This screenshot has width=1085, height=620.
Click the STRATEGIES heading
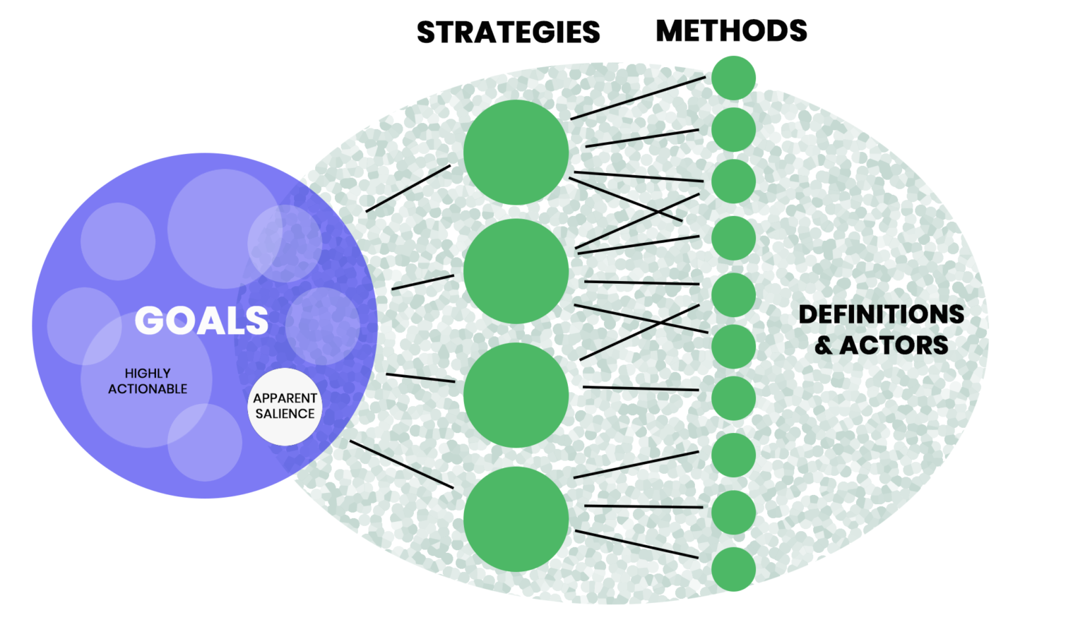click(508, 32)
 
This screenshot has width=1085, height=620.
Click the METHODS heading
click(731, 31)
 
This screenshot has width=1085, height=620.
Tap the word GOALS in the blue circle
click(201, 321)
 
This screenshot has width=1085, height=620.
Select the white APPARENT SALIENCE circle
click(285, 406)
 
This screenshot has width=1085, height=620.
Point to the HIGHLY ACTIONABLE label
click(148, 381)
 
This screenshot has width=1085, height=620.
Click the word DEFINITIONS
click(881, 314)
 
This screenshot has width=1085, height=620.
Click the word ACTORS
click(894, 345)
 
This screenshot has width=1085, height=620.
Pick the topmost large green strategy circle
click(516, 152)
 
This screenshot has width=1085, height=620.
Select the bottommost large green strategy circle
click(516, 519)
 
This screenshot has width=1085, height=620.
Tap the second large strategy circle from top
click(516, 271)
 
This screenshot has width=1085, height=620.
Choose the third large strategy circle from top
click(516, 395)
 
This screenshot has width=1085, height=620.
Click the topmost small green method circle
click(733, 78)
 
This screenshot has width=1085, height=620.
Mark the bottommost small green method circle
click(733, 569)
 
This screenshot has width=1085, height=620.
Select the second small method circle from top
click(733, 130)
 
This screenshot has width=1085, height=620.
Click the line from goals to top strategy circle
click(408, 189)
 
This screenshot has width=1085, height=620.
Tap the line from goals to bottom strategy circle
click(401, 464)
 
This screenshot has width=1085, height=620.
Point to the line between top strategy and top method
click(638, 97)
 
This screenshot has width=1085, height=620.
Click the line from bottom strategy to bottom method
click(636, 544)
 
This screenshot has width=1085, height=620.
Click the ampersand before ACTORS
click(823, 345)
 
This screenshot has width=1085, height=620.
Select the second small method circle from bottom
click(733, 513)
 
